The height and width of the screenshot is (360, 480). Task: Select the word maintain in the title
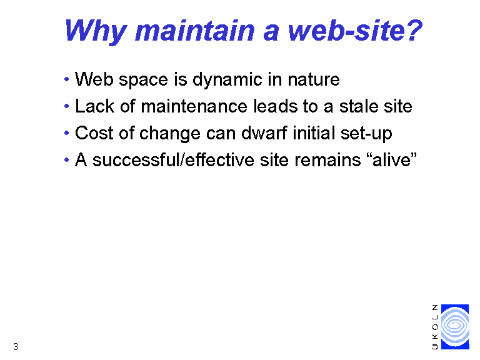pyautogui.click(x=195, y=30)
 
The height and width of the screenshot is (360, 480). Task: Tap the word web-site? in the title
pyautogui.click(x=356, y=30)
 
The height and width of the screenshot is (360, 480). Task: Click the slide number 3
pyautogui.click(x=16, y=347)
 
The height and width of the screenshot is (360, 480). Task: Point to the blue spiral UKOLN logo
pyautogui.click(x=455, y=327)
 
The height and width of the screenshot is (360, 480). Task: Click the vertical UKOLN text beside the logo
pyautogui.click(x=435, y=327)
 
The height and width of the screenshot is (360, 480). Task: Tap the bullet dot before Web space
pyautogui.click(x=67, y=79)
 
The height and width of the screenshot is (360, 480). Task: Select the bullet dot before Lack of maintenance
pyautogui.click(x=67, y=106)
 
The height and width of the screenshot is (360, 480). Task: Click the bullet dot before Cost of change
pyautogui.click(x=67, y=133)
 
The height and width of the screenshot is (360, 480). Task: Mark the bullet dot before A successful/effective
pyautogui.click(x=67, y=160)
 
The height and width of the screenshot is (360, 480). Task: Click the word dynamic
pyautogui.click(x=227, y=81)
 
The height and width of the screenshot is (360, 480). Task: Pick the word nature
pyautogui.click(x=314, y=80)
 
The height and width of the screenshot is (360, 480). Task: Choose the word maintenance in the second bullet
pyautogui.click(x=194, y=106)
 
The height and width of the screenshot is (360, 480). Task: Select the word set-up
pyautogui.click(x=366, y=134)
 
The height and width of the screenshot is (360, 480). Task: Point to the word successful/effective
pyautogui.click(x=173, y=160)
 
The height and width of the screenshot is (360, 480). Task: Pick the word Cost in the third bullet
pyautogui.click(x=94, y=133)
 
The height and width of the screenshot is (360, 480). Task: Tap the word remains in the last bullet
pyautogui.click(x=327, y=160)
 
